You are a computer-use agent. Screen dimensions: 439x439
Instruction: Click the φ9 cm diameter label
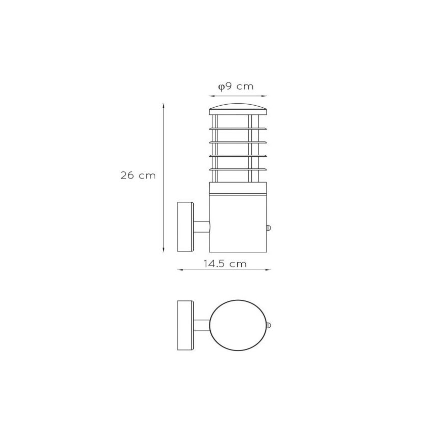coord(236,86)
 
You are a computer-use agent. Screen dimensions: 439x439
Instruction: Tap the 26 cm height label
coord(138,175)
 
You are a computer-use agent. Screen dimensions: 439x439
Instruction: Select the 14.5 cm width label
coord(225,264)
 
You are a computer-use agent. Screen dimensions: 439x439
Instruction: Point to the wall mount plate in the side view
coord(185,227)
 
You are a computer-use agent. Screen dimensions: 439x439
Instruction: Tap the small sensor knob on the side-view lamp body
coord(269,228)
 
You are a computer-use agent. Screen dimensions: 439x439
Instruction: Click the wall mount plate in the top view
coord(185,325)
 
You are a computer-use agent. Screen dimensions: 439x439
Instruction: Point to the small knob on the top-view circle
coord(269,326)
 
